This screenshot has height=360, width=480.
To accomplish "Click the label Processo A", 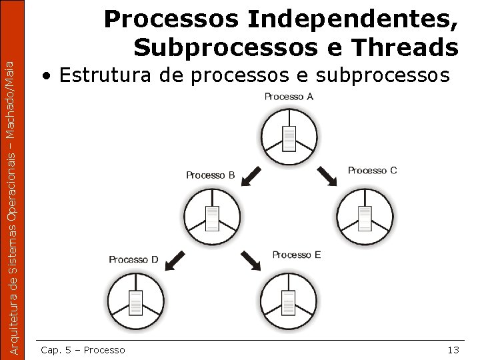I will (x=289, y=97).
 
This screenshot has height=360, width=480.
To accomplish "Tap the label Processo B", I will (x=211, y=175).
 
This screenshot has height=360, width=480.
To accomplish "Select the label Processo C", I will (x=372, y=171).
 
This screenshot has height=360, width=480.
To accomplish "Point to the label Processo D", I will (x=133, y=259).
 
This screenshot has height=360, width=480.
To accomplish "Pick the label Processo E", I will (x=297, y=255).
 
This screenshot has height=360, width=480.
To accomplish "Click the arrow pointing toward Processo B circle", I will (x=251, y=177).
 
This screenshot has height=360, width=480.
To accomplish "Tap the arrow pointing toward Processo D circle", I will (x=175, y=260).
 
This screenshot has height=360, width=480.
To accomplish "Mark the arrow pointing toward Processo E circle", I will (x=251, y=261).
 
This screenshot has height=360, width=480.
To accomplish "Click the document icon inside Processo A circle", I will (x=289, y=139).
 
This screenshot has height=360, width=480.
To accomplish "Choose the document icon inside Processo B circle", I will (x=212, y=217).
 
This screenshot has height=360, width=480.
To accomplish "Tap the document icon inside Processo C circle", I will (x=365, y=217).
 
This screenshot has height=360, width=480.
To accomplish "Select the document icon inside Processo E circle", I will (x=289, y=302).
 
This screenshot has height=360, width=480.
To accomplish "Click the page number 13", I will (x=453, y=350).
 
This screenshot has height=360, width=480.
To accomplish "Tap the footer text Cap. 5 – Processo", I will (x=83, y=350).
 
